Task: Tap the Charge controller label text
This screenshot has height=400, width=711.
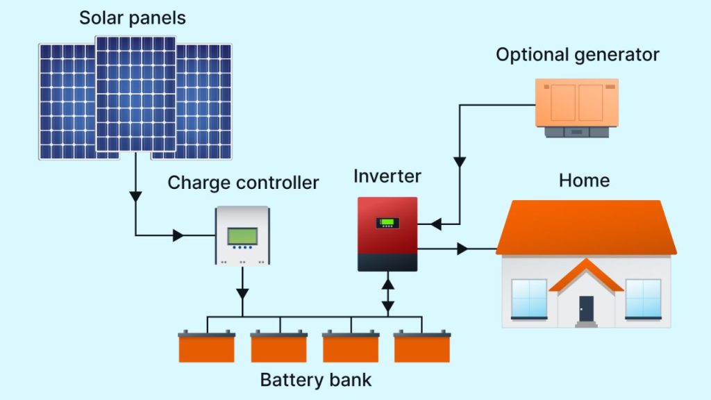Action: pyautogui.click(x=243, y=183)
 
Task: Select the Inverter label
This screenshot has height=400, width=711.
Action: pyautogui.click(x=387, y=176)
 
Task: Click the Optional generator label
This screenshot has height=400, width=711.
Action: pyautogui.click(x=577, y=55)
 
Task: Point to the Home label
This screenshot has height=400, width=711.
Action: pyautogui.click(x=584, y=181)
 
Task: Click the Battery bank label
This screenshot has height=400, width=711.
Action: pyautogui.click(x=315, y=380)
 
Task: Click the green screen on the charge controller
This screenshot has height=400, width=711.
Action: pyautogui.click(x=242, y=235)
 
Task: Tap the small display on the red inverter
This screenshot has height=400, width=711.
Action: pyautogui.click(x=387, y=223)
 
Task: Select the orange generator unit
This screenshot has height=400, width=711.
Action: pyautogui.click(x=576, y=104)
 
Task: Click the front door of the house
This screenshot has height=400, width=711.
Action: pyautogui.click(x=587, y=308)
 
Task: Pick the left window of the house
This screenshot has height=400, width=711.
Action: pyautogui.click(x=529, y=297)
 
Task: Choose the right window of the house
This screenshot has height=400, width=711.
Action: pyautogui.click(x=643, y=297)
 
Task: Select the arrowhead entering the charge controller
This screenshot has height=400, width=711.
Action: pyautogui.click(x=178, y=235)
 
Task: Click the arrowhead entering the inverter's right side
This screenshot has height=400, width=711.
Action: pyautogui.click(x=436, y=224)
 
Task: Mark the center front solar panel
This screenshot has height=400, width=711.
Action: pyautogui.click(x=135, y=94)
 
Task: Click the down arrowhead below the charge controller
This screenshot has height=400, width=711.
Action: pyautogui.click(x=242, y=293)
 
